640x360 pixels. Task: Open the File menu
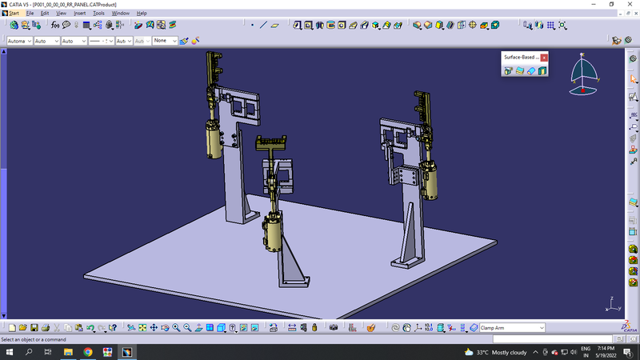(30, 14)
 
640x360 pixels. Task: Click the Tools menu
(98, 14)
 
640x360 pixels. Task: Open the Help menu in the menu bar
(142, 14)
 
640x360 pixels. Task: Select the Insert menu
(80, 14)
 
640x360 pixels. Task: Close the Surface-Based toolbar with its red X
(544, 58)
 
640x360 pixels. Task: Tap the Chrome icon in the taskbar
(87, 352)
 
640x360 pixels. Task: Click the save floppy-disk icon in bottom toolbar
(46, 327)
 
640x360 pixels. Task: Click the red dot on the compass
(582, 90)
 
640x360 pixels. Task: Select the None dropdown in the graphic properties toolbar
(164, 40)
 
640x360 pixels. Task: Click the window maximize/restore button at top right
(611, 5)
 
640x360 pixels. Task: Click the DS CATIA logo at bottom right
(629, 326)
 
